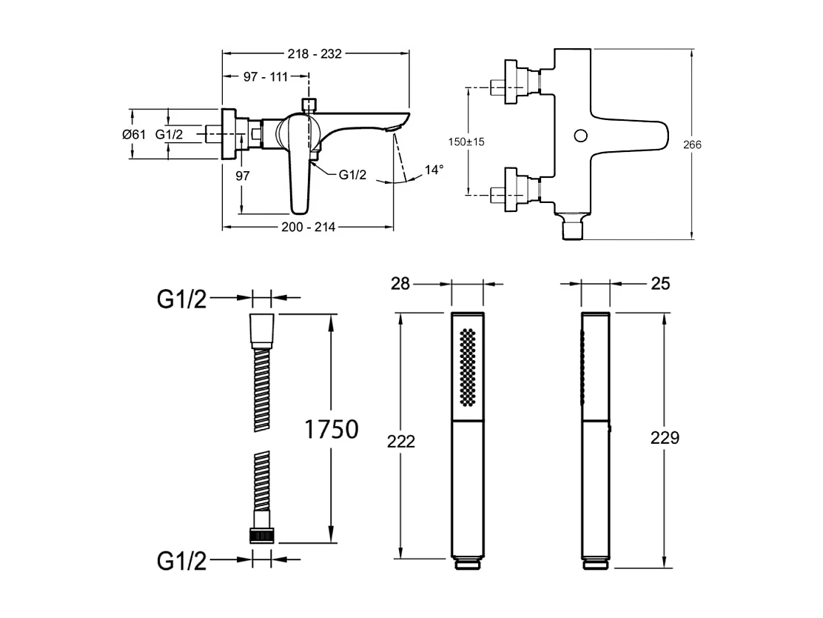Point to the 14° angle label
[x=434, y=170]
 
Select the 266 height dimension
[x=693, y=144]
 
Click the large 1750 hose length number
[x=332, y=429]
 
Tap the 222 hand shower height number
[x=401, y=441]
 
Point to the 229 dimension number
[x=665, y=437]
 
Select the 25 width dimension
[x=661, y=284]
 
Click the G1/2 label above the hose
[x=182, y=299]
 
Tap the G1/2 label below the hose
[x=182, y=561]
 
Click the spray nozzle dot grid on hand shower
[x=467, y=366]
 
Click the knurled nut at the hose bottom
[x=262, y=536]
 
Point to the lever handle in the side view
[x=300, y=178]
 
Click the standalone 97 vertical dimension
[x=241, y=176]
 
